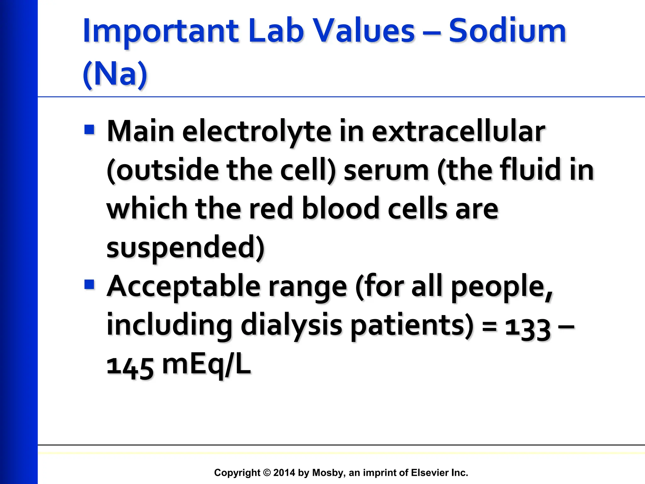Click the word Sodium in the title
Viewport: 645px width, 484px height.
(x=507, y=31)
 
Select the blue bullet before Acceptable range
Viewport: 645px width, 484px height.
(x=89, y=285)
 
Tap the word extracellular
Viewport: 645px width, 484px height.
(x=458, y=132)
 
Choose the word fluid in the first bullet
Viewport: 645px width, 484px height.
(x=529, y=170)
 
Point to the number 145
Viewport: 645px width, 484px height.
(x=130, y=367)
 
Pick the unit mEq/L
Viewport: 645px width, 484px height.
(x=206, y=366)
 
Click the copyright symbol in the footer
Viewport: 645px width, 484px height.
(x=267, y=473)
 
